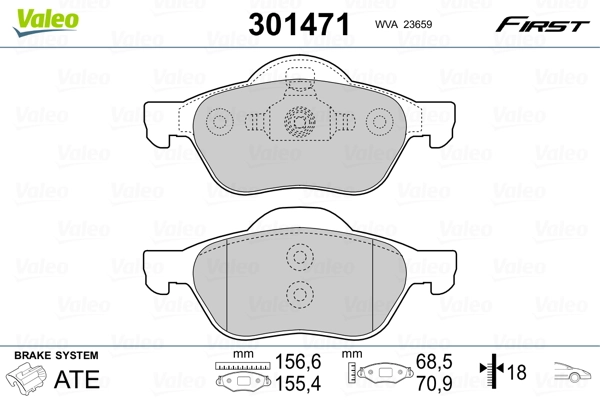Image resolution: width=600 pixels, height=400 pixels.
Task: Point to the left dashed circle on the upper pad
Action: pyautogui.click(x=219, y=122)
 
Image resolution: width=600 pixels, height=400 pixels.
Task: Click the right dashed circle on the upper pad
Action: pyautogui.click(x=379, y=122)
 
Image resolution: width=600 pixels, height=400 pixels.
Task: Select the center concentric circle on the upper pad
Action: pyautogui.click(x=299, y=122)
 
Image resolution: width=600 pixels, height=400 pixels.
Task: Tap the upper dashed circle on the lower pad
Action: pyautogui.click(x=299, y=257)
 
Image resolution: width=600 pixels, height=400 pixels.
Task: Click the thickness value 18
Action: pyautogui.click(x=519, y=373)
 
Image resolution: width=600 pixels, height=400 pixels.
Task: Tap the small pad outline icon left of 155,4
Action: pyautogui.click(x=238, y=381)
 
